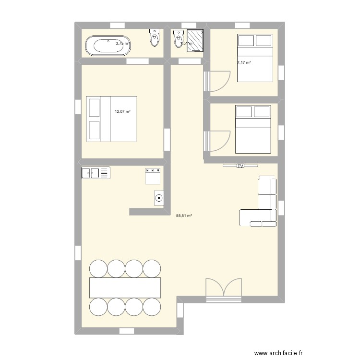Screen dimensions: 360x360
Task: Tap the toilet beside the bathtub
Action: click(x=155, y=38)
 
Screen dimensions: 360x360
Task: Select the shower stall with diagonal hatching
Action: click(x=196, y=38)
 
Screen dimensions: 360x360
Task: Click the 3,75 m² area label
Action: click(x=122, y=43)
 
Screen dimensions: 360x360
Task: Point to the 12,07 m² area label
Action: click(x=122, y=111)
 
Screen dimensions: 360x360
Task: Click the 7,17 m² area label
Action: click(x=244, y=62)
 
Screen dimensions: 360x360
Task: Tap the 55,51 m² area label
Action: click(x=184, y=216)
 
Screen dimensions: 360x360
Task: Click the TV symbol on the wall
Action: click(x=240, y=166)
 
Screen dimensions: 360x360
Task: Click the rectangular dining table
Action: click(x=125, y=287)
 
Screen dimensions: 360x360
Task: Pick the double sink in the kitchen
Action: click(x=96, y=172)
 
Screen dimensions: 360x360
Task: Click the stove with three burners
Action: click(x=153, y=175)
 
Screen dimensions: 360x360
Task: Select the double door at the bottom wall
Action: click(x=222, y=291)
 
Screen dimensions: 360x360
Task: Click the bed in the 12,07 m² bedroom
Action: click(x=111, y=119)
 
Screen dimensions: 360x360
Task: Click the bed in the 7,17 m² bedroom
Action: click(x=255, y=58)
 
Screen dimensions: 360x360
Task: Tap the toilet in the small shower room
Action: click(x=179, y=38)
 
